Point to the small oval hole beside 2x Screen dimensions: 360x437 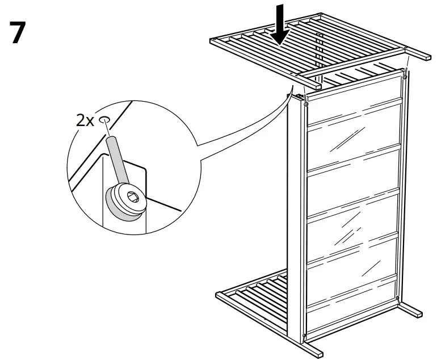coord(104,120)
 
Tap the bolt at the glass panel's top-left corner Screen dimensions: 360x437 coord(306,104)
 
